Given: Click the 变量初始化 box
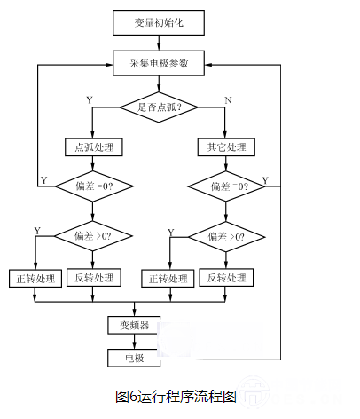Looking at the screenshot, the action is [x=159, y=22].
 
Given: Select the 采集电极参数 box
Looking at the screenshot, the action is [x=159, y=63].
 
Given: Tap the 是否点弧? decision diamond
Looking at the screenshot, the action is [x=159, y=107].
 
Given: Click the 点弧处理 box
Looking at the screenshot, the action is [x=94, y=147].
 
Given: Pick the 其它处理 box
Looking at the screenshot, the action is [x=226, y=147].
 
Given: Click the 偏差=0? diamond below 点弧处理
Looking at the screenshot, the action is [x=94, y=186].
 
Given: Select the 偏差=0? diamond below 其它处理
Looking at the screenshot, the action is [x=226, y=186].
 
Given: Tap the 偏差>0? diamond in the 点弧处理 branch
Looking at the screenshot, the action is [x=93, y=236].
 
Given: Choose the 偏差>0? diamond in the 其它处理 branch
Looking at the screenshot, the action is [x=226, y=237].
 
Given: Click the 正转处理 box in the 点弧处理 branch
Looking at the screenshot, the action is [x=35, y=279].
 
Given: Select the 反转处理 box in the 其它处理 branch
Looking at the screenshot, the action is [x=226, y=278].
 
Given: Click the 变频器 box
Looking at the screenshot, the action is [x=134, y=325].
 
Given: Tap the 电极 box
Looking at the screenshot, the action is [x=134, y=358].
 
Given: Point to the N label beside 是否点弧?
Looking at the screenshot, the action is [x=228, y=100].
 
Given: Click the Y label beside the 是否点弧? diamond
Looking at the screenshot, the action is [x=90, y=100].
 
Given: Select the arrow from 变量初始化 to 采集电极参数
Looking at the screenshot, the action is [x=159, y=43].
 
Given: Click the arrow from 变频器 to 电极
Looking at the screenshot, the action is [x=135, y=342].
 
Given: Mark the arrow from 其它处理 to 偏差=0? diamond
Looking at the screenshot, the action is [x=226, y=163].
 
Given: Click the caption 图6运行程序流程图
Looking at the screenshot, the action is [x=176, y=396].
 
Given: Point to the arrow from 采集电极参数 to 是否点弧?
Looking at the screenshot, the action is [x=159, y=83].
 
